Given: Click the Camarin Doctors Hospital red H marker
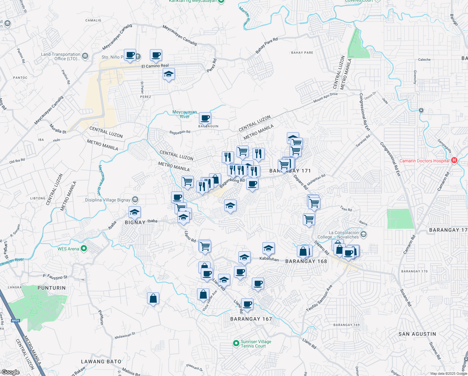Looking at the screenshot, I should coord(454,160).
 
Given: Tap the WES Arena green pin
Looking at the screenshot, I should coord(84,249).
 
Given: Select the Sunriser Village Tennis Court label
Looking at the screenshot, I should coord(256,344).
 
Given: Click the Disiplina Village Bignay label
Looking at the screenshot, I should coord(108,200).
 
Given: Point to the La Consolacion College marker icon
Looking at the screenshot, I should coord(363,234).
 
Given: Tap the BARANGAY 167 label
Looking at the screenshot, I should coord(251,319).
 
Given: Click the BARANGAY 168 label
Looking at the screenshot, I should coord(306,261).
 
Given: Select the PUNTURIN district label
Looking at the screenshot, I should coord(52,288).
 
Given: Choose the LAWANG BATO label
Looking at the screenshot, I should coord(101,362).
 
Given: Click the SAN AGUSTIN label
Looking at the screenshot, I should coord(417,334).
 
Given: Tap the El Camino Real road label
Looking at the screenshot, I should coord(155,66).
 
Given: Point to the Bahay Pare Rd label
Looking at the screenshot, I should coord(267,45).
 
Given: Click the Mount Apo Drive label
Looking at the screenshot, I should coord(325,97).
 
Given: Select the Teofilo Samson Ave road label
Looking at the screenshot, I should coord(319,298).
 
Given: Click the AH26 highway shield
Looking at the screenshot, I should coord(15,321).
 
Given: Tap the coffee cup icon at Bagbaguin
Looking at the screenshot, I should coord(205,118).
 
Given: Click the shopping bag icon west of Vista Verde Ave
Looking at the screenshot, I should coord(153,298).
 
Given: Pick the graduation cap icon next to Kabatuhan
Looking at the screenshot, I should coord(268,248).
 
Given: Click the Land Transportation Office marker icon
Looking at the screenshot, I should coord(85,56).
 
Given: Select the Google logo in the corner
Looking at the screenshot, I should coord(10,372).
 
